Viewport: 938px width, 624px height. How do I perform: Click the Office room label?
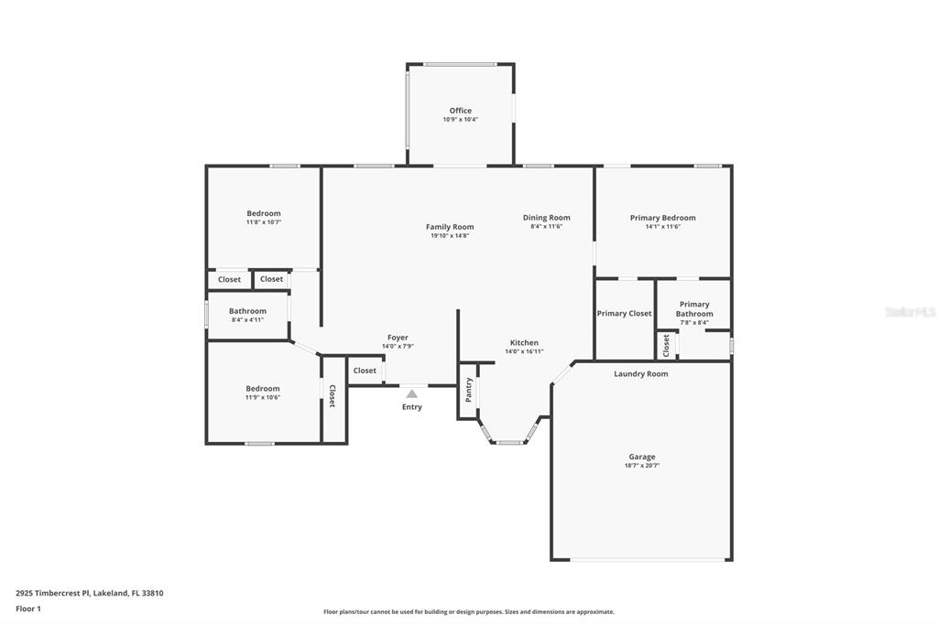(x=461, y=111)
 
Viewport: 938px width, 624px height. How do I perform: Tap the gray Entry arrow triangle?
(x=411, y=393)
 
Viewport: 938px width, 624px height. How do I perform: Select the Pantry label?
(x=469, y=390)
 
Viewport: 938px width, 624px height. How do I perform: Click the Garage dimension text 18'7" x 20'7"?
(x=642, y=466)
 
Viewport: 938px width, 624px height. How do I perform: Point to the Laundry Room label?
(x=640, y=374)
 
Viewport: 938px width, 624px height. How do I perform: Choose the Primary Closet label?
(x=624, y=313)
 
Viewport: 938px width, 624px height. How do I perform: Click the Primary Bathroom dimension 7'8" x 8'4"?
(x=694, y=323)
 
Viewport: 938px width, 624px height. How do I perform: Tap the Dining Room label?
(x=547, y=218)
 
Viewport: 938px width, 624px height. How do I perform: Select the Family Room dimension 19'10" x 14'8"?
(x=450, y=235)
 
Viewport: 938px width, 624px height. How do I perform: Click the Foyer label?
(x=398, y=338)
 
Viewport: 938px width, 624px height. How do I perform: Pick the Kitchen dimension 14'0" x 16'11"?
(x=524, y=351)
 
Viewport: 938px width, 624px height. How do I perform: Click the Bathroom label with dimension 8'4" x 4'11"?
(x=247, y=311)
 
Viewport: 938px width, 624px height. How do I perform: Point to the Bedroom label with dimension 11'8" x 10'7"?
(x=264, y=213)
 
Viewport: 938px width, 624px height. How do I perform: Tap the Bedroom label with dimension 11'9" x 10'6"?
(x=263, y=389)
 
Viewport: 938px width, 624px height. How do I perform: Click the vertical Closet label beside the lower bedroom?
(x=332, y=396)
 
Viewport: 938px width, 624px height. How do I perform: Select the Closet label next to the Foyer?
(x=365, y=371)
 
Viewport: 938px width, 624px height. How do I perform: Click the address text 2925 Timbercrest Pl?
(x=52, y=594)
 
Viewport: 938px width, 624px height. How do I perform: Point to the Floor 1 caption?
(x=28, y=609)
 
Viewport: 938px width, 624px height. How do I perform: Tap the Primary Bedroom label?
(x=663, y=218)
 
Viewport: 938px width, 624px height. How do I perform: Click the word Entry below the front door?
(x=411, y=407)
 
